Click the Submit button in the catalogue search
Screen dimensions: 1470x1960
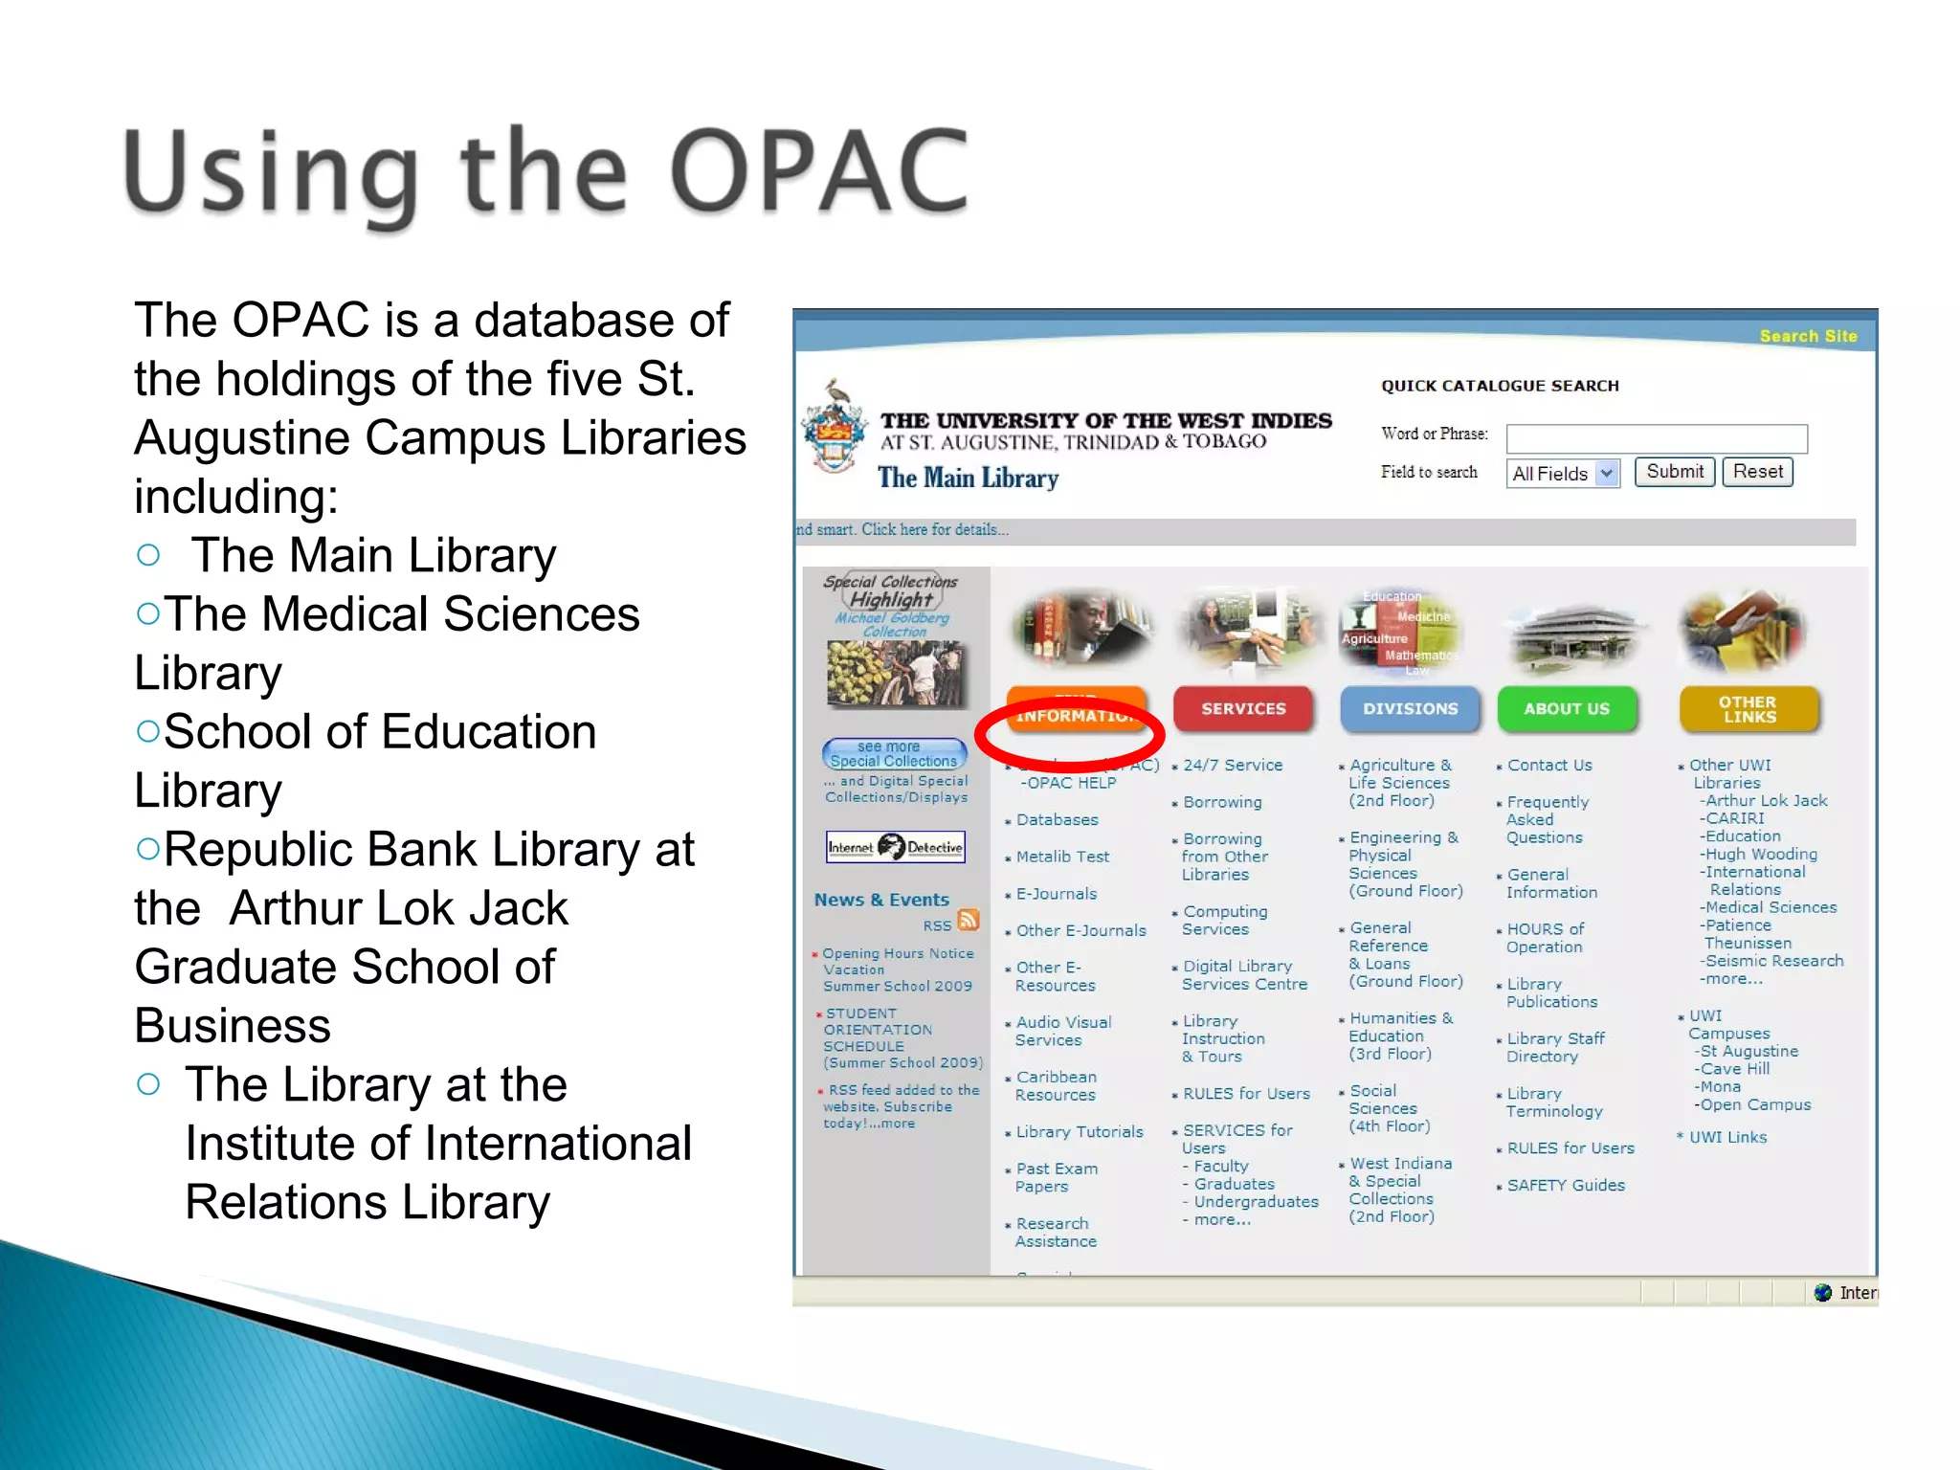pyautogui.click(x=1674, y=472)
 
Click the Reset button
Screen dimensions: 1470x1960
pyautogui.click(x=1757, y=472)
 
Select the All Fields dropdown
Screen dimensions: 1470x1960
pyautogui.click(x=1563, y=473)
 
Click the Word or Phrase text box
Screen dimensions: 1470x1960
pyautogui.click(x=1656, y=438)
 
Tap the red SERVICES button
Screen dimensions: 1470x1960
pyautogui.click(x=1243, y=709)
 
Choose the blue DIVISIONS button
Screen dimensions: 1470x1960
pyautogui.click(x=1410, y=709)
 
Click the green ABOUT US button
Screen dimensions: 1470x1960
pyautogui.click(x=1567, y=709)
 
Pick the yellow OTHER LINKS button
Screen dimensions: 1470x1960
pyautogui.click(x=1748, y=709)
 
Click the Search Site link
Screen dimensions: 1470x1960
pyautogui.click(x=1808, y=336)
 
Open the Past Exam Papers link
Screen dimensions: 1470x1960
pyautogui.click(x=1056, y=1177)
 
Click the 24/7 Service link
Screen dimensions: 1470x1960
pyautogui.click(x=1232, y=766)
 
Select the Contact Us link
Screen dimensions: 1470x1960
pyautogui.click(x=1548, y=766)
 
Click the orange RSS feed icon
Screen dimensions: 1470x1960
pyautogui.click(x=969, y=920)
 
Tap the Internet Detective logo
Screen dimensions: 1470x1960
pyautogui.click(x=896, y=847)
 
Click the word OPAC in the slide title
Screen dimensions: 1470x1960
pyautogui.click(x=819, y=172)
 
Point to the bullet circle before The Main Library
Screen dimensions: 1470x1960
pyautogui.click(x=148, y=555)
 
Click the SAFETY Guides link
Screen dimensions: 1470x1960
pyautogui.click(x=1566, y=1185)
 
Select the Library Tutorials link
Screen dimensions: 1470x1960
pyautogui.click(x=1079, y=1132)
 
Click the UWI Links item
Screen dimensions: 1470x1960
pyautogui.click(x=1727, y=1138)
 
